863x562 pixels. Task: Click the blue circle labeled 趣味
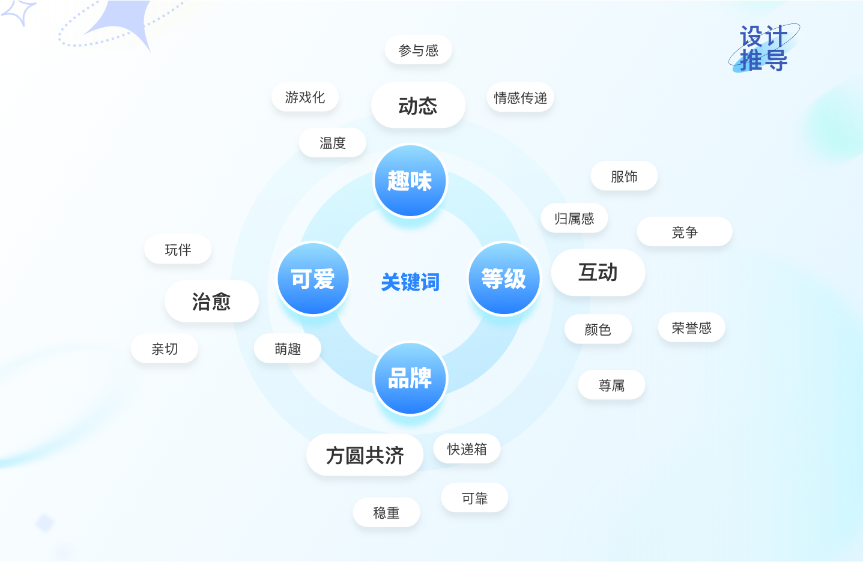[x=410, y=181]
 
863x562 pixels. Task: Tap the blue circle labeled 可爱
[x=313, y=279]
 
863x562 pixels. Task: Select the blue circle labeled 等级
[x=504, y=279]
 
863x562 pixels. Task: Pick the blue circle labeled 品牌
[x=410, y=378]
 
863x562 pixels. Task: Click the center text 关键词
[x=410, y=282]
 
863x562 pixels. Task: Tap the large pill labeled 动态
[x=418, y=106]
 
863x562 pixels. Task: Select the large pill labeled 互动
[x=598, y=273]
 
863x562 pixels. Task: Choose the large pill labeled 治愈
[x=211, y=301]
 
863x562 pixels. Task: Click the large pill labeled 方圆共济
[x=365, y=455]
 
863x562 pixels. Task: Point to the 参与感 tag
[x=418, y=50]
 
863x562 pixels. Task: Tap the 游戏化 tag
[x=305, y=97]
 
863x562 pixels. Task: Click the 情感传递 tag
[x=520, y=98]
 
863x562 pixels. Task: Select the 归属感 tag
[x=574, y=219]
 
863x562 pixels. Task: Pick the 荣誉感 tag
[x=691, y=328]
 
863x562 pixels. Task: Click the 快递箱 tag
[x=467, y=449]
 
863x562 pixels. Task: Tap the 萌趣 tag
[x=288, y=349]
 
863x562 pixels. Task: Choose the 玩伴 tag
[x=178, y=250]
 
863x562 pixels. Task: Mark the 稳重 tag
[x=386, y=513]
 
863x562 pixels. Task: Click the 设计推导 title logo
[x=763, y=49]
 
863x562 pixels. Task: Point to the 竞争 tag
[x=685, y=232]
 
